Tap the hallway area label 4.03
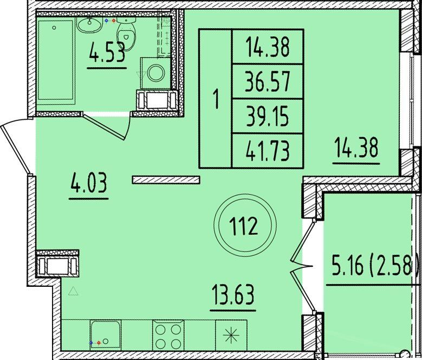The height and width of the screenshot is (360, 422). click(88, 183)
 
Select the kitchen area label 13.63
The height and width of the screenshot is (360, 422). click(233, 294)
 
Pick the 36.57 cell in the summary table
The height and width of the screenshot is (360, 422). click(268, 81)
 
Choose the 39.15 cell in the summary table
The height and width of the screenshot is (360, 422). click(268, 116)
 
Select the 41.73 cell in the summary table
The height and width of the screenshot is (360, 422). click(268, 151)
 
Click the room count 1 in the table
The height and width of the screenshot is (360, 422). click(216, 99)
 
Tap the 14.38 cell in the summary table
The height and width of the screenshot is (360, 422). click(268, 47)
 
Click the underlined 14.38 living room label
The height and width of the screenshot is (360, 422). click(356, 147)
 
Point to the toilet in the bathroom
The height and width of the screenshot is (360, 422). click(126, 34)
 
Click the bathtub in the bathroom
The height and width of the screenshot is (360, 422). click(56, 62)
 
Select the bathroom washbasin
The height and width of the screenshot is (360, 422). click(89, 25)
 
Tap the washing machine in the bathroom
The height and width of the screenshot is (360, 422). click(155, 73)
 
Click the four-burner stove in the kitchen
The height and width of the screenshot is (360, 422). click(168, 335)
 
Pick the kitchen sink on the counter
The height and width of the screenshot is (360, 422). click(105, 335)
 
